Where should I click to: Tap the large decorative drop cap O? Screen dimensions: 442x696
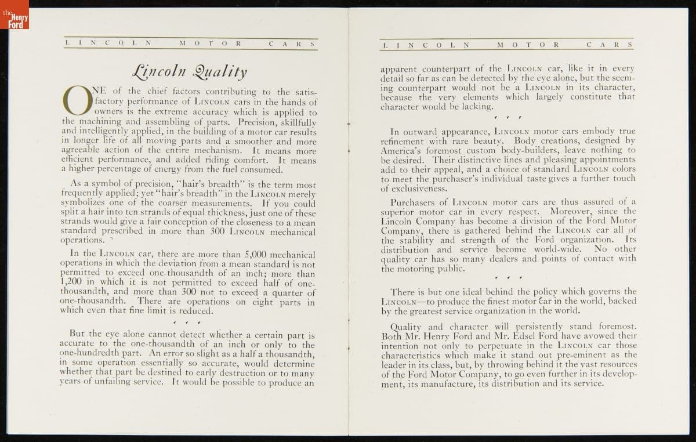[x=77, y=101]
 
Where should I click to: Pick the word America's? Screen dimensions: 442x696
[x=401, y=150]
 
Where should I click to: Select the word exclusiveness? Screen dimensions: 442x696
[x=414, y=189]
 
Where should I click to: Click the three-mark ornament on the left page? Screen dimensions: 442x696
[x=186, y=322]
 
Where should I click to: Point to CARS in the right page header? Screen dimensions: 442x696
[x=609, y=45]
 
